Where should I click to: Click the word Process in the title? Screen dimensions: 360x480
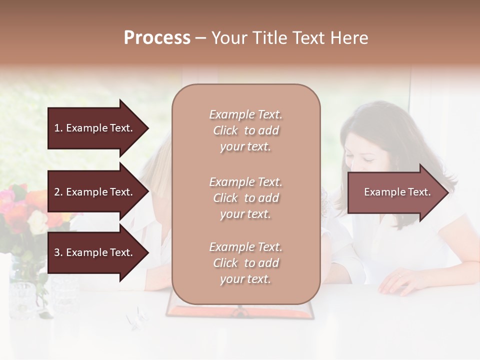click(157, 38)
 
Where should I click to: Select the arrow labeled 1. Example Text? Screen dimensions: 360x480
click(95, 128)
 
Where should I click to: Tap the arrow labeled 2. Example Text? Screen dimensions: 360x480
click(95, 192)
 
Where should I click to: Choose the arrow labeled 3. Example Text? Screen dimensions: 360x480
click(95, 252)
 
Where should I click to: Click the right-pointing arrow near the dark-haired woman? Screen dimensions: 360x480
click(397, 192)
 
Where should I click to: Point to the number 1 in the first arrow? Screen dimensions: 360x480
click(57, 128)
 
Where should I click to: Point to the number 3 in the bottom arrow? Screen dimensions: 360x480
click(57, 252)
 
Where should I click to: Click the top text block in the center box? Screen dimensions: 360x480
click(245, 130)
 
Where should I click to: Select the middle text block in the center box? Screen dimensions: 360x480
click(245, 198)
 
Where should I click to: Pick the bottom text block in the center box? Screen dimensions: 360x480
click(245, 263)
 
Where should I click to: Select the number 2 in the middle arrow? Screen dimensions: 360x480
click(57, 192)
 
